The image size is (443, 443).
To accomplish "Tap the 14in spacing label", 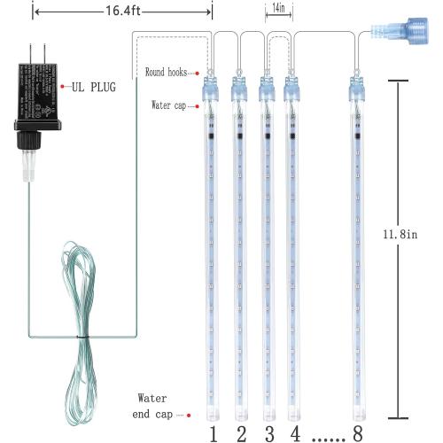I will coord(279,8).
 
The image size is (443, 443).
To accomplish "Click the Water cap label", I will coord(168,105).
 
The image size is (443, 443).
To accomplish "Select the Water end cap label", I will coord(154,406).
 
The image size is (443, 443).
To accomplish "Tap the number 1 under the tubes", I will coord(213,432).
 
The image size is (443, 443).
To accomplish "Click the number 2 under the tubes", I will coord(239,432).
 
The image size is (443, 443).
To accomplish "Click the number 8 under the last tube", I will coord(356,432).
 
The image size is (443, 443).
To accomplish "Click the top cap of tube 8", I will coord(356,87).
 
